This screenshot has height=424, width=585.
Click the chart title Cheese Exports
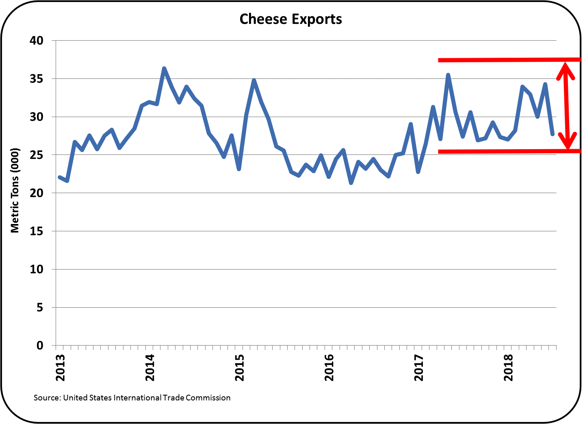coord(290,19)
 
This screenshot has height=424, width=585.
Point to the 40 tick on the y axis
coord(36,40)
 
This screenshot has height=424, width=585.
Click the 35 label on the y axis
coord(36,78)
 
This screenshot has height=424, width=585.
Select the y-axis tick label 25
coord(36,155)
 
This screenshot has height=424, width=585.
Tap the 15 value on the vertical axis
coord(36,231)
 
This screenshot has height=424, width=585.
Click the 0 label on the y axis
coord(40,346)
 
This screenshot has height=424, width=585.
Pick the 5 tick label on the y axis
coord(40,307)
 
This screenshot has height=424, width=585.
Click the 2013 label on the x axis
coord(61,368)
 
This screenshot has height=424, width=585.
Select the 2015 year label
coord(240,368)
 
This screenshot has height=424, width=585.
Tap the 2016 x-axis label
coord(329,368)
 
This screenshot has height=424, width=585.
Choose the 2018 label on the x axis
coord(508,368)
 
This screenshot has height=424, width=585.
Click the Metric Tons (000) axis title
coord(15,190)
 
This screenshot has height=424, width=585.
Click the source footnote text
coord(132,398)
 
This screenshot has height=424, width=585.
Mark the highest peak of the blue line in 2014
coord(164,68)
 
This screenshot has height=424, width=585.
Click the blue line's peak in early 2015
coord(254,80)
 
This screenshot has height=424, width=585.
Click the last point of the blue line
coord(552,134)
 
